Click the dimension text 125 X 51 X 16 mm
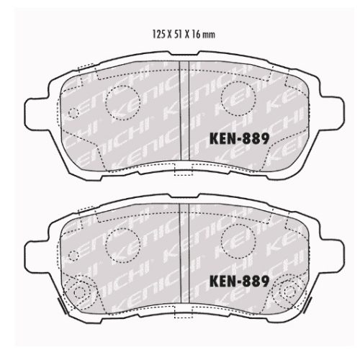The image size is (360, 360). [x=184, y=35]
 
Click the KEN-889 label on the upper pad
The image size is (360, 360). [x=239, y=138]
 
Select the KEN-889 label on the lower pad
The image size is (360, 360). [x=239, y=281]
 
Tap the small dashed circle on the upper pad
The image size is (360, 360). [x=73, y=113]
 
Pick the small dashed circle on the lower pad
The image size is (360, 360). [x=73, y=256]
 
